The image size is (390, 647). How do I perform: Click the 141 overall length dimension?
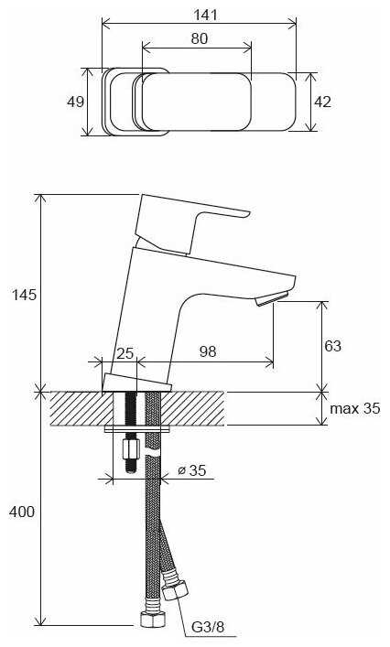coord(205,15)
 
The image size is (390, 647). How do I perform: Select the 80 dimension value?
coord(200,38)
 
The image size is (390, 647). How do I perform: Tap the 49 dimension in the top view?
coord(75,102)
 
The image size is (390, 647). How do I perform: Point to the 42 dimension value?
coord(322,102)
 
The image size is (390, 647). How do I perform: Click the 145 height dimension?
coord(24,295)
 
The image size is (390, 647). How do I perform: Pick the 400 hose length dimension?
coord(22,512)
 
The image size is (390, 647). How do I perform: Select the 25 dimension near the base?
coord(125,353)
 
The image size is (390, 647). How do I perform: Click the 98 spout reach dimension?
coord(208,351)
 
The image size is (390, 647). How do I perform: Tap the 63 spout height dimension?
coord(332,345)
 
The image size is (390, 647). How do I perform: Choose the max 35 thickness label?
coord(355,408)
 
